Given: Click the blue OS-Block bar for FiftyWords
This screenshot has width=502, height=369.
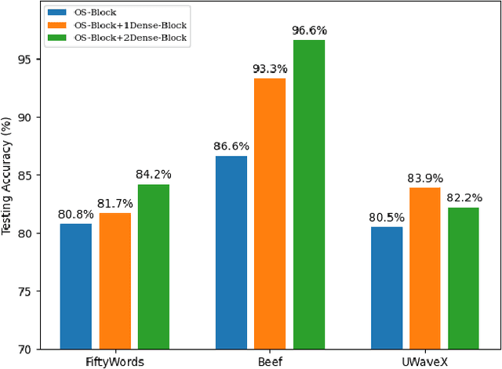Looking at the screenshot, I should pyautogui.click(x=76, y=286).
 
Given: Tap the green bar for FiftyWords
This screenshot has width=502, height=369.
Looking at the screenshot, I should pyautogui.click(x=154, y=266).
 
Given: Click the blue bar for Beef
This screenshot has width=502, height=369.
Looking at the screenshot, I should pyautogui.click(x=231, y=252).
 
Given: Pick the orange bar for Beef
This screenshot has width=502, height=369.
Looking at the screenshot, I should pyautogui.click(x=270, y=213).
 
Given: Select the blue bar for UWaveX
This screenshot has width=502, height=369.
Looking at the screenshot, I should pyautogui.click(x=387, y=288).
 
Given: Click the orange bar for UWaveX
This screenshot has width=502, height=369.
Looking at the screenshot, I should pyautogui.click(x=425, y=268).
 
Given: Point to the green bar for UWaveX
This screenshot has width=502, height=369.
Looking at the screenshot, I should pyautogui.click(x=464, y=278).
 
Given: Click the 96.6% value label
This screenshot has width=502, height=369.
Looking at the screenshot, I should pyautogui.click(x=309, y=31).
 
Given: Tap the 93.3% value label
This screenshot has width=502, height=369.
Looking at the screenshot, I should pyautogui.click(x=270, y=69).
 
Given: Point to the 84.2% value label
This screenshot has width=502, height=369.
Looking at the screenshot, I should pyautogui.click(x=154, y=175).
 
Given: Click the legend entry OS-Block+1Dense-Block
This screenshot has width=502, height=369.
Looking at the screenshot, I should pyautogui.click(x=130, y=26).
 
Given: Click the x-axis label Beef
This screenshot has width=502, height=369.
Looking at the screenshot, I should pyautogui.click(x=270, y=362).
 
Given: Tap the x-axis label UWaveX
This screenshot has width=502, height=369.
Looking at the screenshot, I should pyautogui.click(x=425, y=362).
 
